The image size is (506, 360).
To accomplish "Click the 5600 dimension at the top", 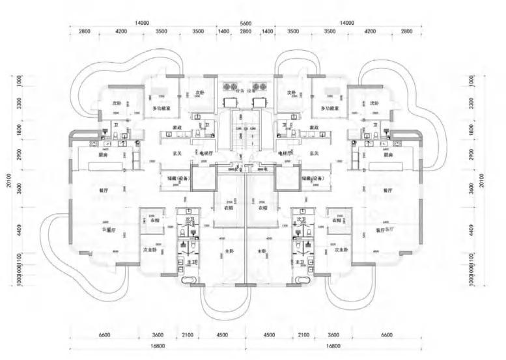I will click(246, 23).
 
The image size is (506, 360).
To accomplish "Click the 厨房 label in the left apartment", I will click(103, 156).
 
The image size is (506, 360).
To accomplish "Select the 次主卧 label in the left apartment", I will click(150, 250).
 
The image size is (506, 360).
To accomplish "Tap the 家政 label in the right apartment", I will click(315, 127).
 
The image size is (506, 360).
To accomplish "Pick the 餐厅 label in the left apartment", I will click(103, 190).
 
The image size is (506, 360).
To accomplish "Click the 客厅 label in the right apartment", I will click(384, 230).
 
